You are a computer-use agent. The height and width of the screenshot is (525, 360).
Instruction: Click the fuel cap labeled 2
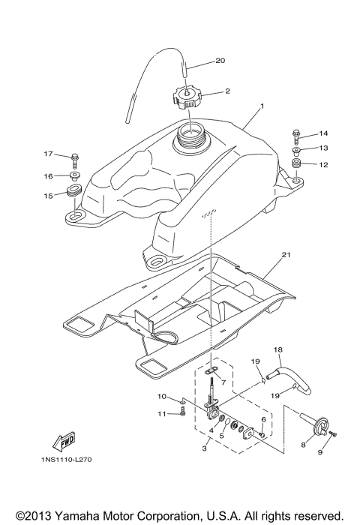pyautogui.click(x=192, y=97)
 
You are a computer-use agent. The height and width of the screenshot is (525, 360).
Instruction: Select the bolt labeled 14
pyautogui.click(x=296, y=136)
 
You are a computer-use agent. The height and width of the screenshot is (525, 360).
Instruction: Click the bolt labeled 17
pyautogui.click(x=75, y=157)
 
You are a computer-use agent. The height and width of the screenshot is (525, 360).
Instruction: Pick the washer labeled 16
pyautogui.click(x=75, y=176)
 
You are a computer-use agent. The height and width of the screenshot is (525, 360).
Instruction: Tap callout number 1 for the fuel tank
pyautogui.click(x=262, y=107)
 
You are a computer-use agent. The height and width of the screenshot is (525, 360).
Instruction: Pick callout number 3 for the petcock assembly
pyautogui.click(x=203, y=448)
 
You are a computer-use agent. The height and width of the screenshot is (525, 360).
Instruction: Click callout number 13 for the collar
pyautogui.click(x=325, y=148)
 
